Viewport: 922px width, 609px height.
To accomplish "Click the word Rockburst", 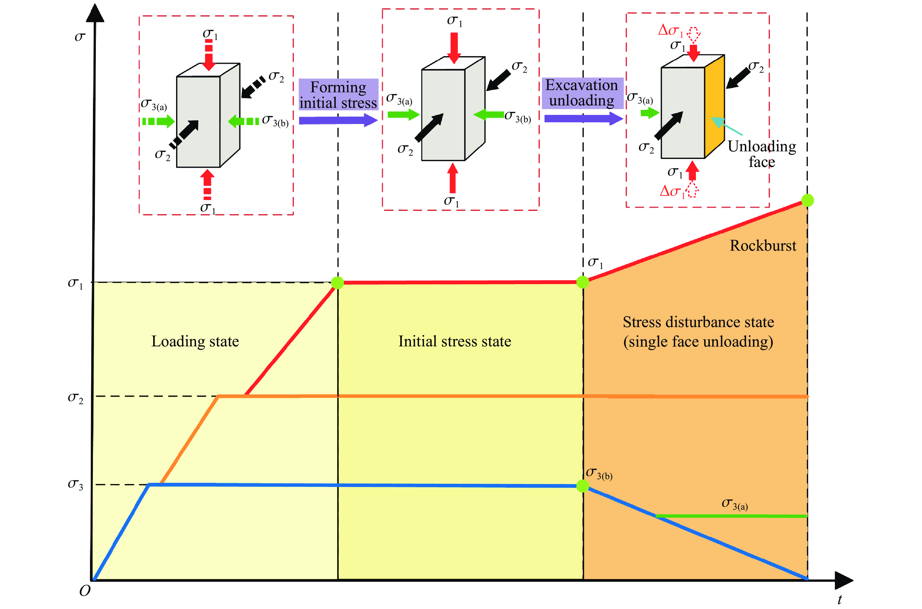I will coord(762,246).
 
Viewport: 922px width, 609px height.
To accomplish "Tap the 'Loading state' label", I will coord(195,341).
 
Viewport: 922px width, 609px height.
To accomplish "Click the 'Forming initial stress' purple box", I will coord(338,95).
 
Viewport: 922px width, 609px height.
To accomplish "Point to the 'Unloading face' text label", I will coord(761,154).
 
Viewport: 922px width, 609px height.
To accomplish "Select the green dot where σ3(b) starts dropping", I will coord(582,485).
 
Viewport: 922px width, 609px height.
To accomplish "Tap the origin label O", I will coord(85,591).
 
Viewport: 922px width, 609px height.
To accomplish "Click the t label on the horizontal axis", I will coord(839,599).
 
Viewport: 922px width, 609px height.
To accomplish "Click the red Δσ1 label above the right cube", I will coord(670,30).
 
